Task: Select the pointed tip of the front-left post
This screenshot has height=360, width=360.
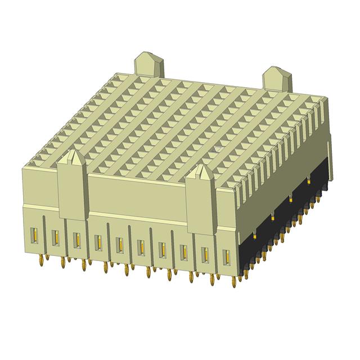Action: tap(72, 155)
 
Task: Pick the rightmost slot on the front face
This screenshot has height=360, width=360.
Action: tap(227, 257)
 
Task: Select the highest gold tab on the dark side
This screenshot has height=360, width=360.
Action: tap(309, 181)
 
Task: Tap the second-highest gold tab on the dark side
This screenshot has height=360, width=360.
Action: tap(291, 198)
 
